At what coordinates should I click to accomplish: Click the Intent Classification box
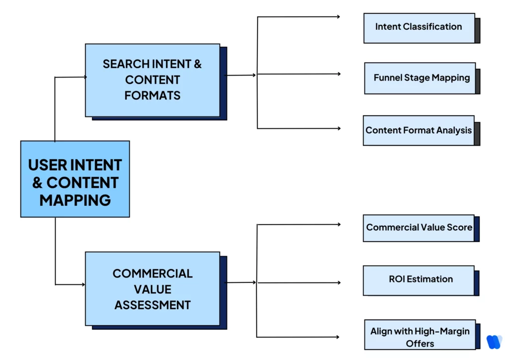coord(419,27)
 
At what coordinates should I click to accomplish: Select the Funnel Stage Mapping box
coord(420,78)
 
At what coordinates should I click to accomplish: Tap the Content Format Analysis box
coord(419,130)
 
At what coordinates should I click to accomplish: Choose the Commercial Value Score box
coord(419,228)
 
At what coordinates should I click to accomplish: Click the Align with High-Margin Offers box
coord(420,337)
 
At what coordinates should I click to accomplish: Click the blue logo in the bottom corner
coord(494,342)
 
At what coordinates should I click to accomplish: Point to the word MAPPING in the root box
coord(75,200)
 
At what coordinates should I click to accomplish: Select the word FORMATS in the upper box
coord(152,95)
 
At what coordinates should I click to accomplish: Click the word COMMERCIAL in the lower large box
coord(152,273)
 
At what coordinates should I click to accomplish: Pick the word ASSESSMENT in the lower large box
coord(152,305)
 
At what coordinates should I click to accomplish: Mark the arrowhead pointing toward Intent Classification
coord(339,17)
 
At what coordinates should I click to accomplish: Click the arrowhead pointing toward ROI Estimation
coord(339,283)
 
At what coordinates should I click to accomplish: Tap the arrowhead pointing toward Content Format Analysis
coord(339,128)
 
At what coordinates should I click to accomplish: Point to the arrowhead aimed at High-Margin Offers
coord(339,337)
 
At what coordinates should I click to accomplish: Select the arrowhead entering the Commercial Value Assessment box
coord(83,284)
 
